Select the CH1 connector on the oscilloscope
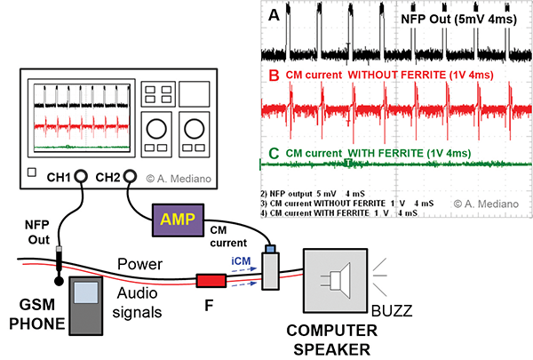81,175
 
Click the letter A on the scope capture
272,14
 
